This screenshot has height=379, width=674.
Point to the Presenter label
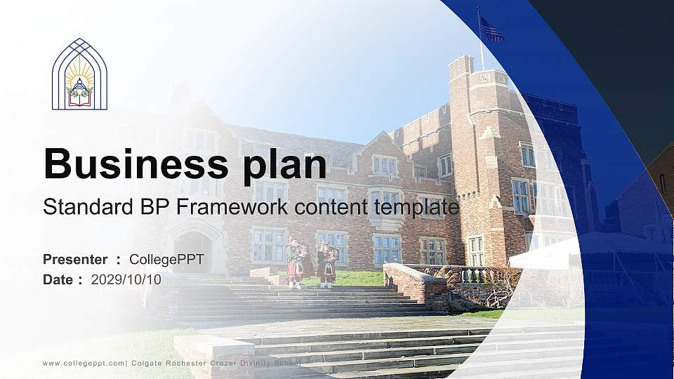coord(75,260)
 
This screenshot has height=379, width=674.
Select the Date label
coord(58,279)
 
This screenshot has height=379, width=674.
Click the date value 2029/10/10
coord(126,279)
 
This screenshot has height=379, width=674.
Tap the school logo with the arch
coord(79,74)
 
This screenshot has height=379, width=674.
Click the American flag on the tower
coord(491,30)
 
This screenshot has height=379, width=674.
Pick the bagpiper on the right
coord(326,263)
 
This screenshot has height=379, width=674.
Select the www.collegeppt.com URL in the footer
coord(84,363)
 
